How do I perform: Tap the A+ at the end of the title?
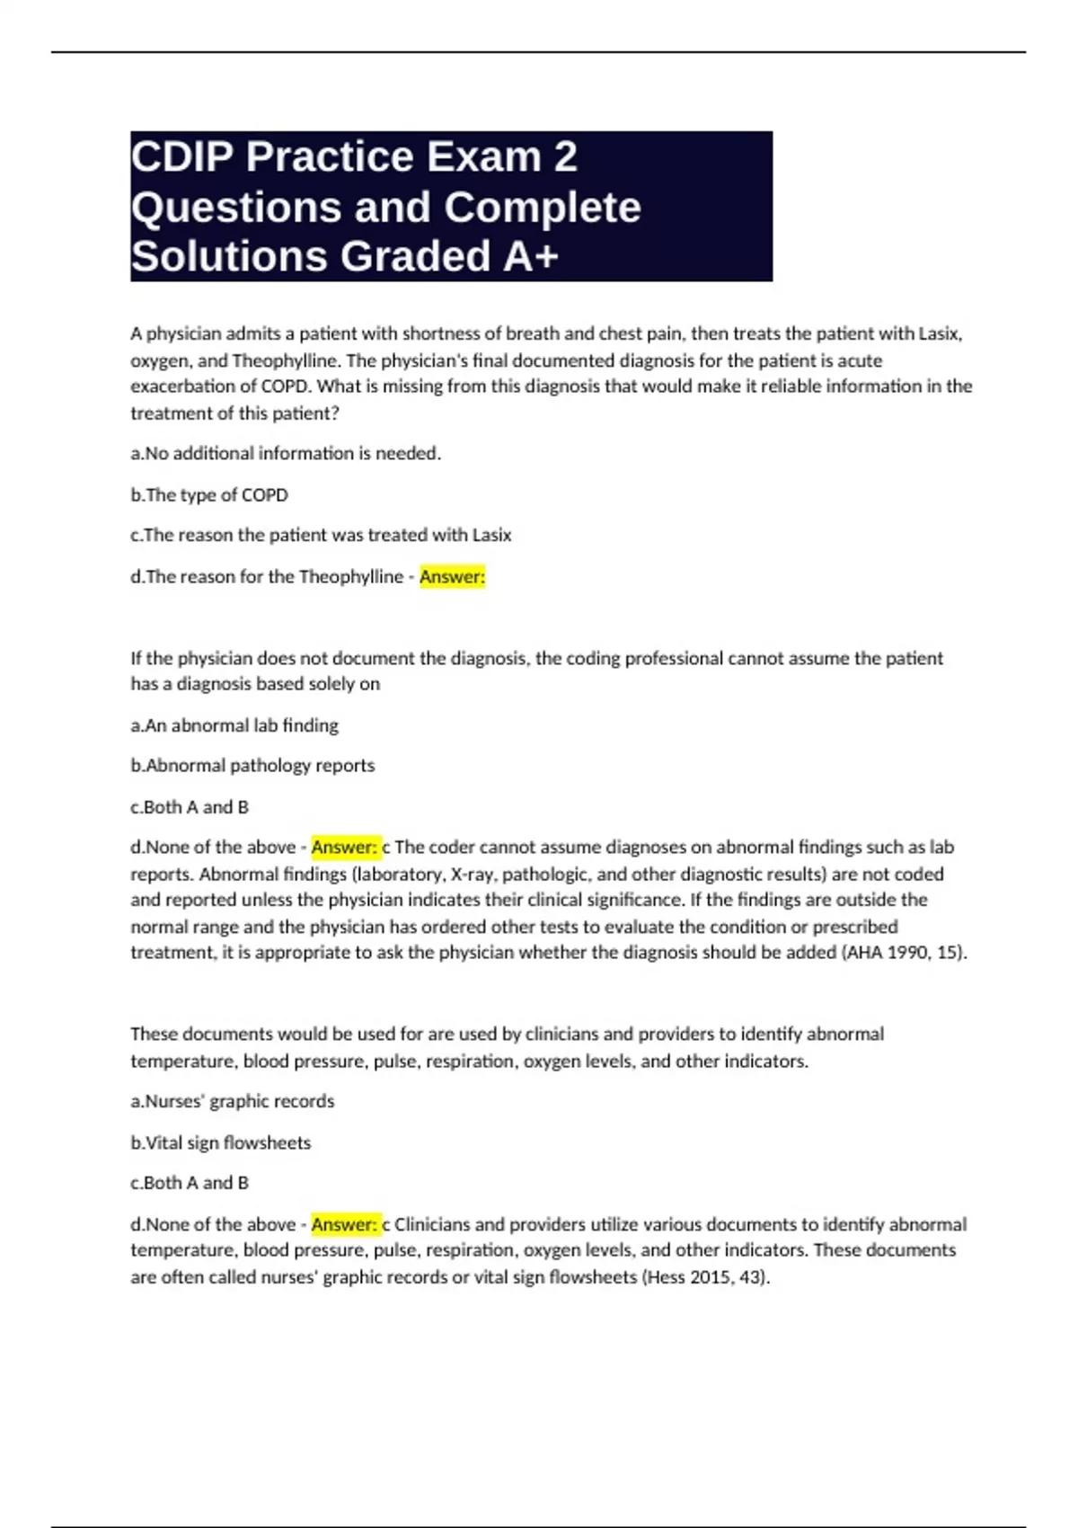coord(531,256)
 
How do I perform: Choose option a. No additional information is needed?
coord(286,453)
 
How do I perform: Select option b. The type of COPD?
coord(209,494)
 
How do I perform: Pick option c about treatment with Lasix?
coord(321,535)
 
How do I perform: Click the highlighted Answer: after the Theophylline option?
coord(452,576)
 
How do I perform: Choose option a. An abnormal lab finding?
coord(234,724)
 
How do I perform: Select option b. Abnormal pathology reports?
coord(252,765)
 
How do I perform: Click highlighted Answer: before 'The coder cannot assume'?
coord(344,847)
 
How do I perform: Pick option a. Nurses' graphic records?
coord(232,1101)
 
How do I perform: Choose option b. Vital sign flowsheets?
coord(220,1142)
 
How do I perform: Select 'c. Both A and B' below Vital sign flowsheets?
coord(190,1183)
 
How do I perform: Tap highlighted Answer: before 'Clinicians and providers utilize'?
coord(344,1224)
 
